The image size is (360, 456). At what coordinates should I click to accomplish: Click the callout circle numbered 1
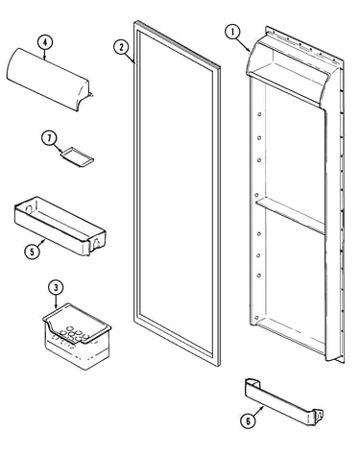tap(232, 33)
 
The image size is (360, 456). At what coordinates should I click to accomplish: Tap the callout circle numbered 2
tap(121, 47)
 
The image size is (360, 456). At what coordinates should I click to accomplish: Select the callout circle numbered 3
tap(56, 287)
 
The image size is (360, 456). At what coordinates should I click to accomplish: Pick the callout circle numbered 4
tap(45, 42)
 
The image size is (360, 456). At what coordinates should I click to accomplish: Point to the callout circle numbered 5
tap(32, 252)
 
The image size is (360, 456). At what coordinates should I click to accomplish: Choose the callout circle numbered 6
tap(248, 421)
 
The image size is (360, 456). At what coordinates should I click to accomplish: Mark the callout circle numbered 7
tap(49, 138)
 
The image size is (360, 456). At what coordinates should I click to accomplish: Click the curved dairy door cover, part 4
tap(49, 79)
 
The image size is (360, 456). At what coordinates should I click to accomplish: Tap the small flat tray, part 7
tap(77, 156)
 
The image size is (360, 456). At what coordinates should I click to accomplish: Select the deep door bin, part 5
tap(60, 226)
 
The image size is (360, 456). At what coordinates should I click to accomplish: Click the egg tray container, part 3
tap(77, 335)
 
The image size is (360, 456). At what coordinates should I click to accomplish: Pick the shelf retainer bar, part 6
tap(283, 401)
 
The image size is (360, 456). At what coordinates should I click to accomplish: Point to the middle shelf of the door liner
tap(290, 216)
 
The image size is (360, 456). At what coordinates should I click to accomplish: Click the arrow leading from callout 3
tap(57, 301)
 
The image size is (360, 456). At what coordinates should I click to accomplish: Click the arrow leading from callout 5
tap(40, 243)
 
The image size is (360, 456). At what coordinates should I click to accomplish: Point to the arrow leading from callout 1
tap(244, 45)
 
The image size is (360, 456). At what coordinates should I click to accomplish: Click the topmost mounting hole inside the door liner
tap(259, 114)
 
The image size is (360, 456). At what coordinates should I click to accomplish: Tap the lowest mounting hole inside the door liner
tap(256, 318)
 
